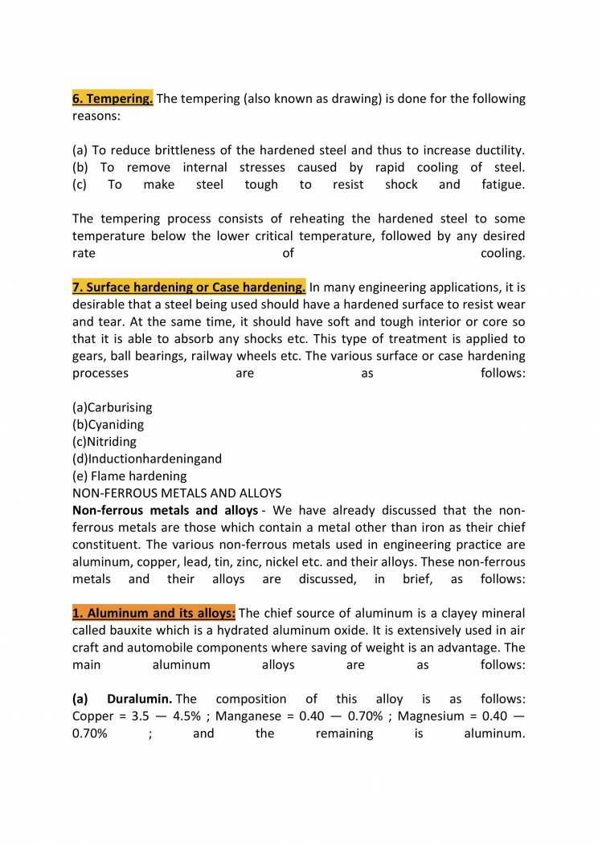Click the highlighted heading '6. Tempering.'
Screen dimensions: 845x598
click(x=113, y=99)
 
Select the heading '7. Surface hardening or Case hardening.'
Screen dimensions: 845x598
click(x=189, y=287)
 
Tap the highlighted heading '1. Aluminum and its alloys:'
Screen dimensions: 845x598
click(x=154, y=614)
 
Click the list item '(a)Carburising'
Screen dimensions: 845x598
click(x=112, y=407)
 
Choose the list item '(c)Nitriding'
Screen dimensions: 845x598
click(x=104, y=441)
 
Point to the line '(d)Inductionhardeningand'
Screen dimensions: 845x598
click(x=146, y=459)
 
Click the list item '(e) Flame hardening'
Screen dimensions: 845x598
click(x=129, y=476)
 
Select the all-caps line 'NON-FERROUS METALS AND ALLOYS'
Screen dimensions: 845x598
click(x=177, y=492)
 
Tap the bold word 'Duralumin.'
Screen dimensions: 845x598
click(x=139, y=699)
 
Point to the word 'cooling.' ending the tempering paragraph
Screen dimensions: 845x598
click(x=502, y=253)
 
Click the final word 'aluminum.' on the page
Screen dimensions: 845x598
click(x=494, y=733)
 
